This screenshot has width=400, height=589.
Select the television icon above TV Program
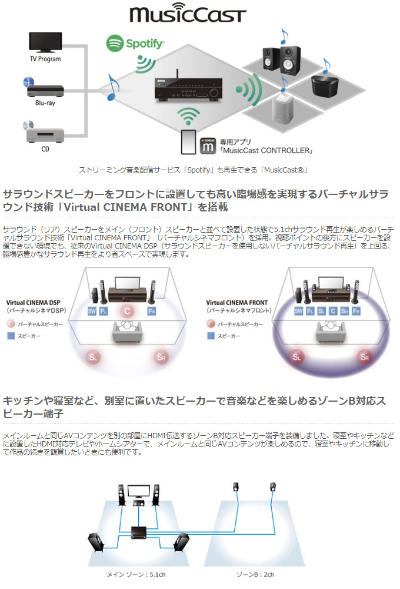[x=45, y=41]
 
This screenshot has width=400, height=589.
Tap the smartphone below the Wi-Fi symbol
[x=188, y=141]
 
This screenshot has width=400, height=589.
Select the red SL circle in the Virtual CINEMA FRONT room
[x=298, y=356]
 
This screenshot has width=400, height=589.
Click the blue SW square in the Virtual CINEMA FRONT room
[x=299, y=311]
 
